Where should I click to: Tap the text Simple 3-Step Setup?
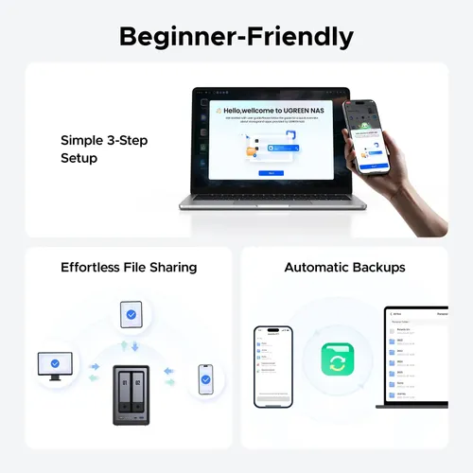[x=104, y=149]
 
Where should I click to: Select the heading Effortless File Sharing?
[x=129, y=268]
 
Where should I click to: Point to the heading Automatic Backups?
[x=344, y=268]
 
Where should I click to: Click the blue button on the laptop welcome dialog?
[x=270, y=174]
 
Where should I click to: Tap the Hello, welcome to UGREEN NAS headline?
[x=271, y=111]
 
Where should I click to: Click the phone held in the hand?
[x=366, y=136]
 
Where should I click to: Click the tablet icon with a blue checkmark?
[x=131, y=314]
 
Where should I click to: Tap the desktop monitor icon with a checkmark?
[x=55, y=363]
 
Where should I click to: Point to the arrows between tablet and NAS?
[x=131, y=345]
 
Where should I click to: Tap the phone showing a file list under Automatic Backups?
[x=273, y=366]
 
